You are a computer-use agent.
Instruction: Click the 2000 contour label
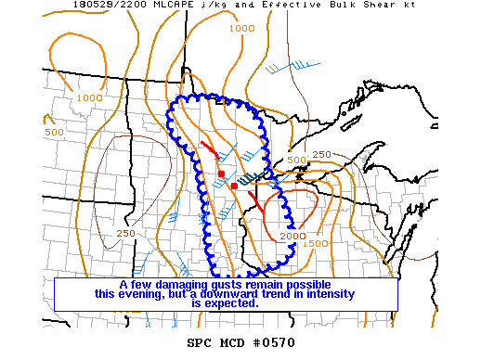click(x=292, y=237)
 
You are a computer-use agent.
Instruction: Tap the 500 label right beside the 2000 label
click(x=318, y=243)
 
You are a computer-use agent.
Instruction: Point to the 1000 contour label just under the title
click(x=240, y=29)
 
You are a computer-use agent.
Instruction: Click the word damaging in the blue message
click(x=176, y=284)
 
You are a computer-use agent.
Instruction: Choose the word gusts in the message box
click(x=225, y=284)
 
